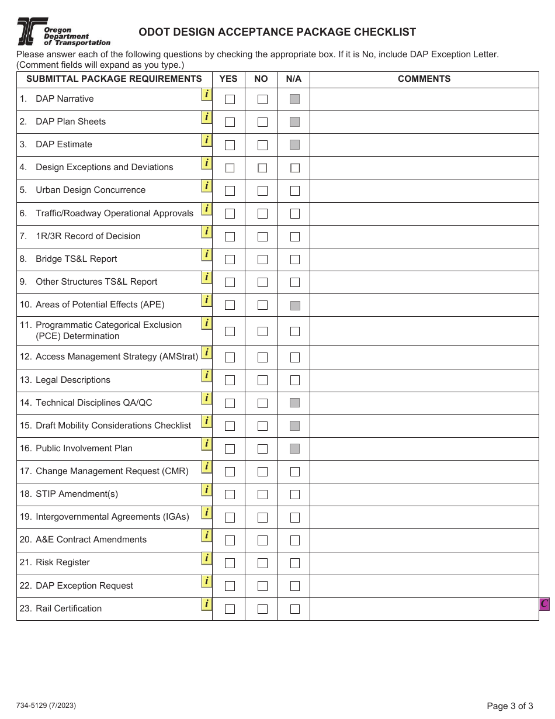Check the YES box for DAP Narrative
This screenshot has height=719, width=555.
pyautogui.click(x=230, y=99)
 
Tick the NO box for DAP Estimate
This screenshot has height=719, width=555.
pyautogui.click(x=262, y=145)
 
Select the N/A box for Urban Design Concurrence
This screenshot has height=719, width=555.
pyautogui.click(x=295, y=191)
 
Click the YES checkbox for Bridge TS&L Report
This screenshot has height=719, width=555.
pyautogui.click(x=230, y=260)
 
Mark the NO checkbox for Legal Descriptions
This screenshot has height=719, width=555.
pyautogui.click(x=262, y=381)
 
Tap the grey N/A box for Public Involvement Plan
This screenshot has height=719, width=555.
pyautogui.click(x=295, y=449)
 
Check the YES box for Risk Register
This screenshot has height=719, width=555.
pyautogui.click(x=230, y=563)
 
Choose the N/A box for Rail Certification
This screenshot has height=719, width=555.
pyautogui.click(x=295, y=609)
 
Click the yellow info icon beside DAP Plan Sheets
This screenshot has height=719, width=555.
pyautogui.click(x=206, y=117)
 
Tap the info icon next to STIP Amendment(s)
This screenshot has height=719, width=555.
pyautogui.click(x=206, y=489)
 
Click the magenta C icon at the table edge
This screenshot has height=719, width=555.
pyautogui.click(x=544, y=604)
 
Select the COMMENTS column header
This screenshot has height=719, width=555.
pyautogui.click(x=424, y=79)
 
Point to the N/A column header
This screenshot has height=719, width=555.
pyautogui.click(x=294, y=79)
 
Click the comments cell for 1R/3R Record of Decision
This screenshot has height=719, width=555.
pyautogui.click(x=424, y=237)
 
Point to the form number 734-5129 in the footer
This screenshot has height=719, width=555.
pyautogui.click(x=47, y=706)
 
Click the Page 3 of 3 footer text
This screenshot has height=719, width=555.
pyautogui.click(x=510, y=706)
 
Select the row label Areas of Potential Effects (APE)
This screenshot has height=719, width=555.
pyautogui.click(x=100, y=305)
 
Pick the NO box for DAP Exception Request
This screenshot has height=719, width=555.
pyautogui.click(x=262, y=586)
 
